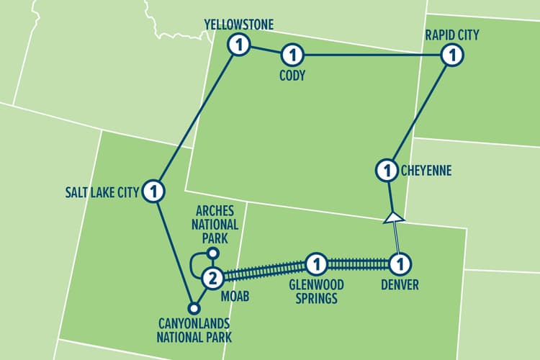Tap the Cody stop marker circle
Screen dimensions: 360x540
(x=293, y=55)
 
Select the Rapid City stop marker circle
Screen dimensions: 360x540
(x=451, y=55)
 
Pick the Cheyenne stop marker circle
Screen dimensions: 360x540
(x=387, y=171)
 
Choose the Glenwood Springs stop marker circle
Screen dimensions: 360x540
(x=315, y=263)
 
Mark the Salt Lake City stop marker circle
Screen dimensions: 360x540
(x=153, y=192)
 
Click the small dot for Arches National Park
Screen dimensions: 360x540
(x=212, y=253)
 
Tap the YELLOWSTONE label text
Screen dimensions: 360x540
(x=239, y=24)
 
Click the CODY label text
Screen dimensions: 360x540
(x=293, y=75)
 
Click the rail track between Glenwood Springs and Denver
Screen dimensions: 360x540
(x=357, y=263)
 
